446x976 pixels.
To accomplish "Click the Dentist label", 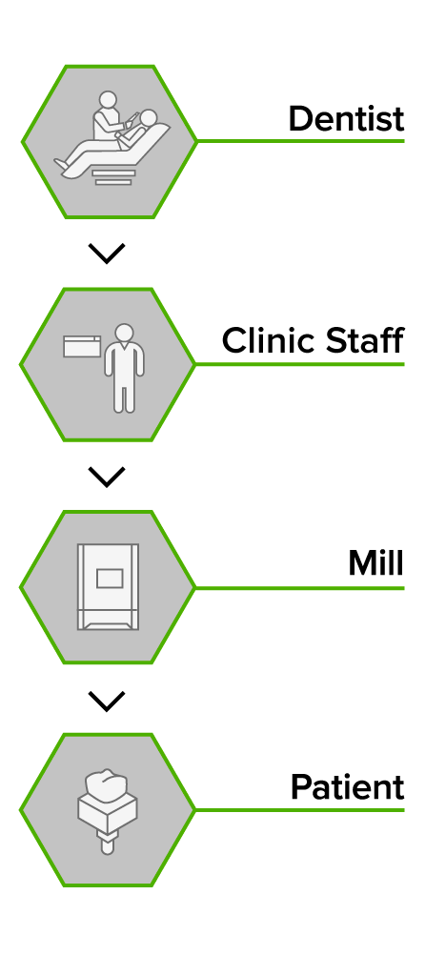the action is (347, 118).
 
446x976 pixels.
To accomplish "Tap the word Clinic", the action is (274, 340).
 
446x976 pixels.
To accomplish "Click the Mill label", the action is (375, 563).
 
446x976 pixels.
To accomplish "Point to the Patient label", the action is (347, 786).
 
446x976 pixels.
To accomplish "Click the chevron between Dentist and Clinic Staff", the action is (107, 254).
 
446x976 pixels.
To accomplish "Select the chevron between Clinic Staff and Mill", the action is (107, 477).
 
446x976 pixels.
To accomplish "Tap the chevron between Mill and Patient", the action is (107, 701).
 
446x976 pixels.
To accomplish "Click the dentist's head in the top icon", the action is (109, 100).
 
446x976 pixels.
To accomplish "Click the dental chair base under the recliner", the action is (112, 176).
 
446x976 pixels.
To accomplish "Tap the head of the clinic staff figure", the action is (125, 333).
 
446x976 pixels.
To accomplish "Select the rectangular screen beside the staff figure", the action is (82, 347).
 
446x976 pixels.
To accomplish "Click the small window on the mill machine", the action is (110, 579).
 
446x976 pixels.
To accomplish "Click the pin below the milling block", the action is (108, 844).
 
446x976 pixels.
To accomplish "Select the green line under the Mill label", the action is (300, 588).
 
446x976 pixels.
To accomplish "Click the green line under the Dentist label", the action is (300, 141).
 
